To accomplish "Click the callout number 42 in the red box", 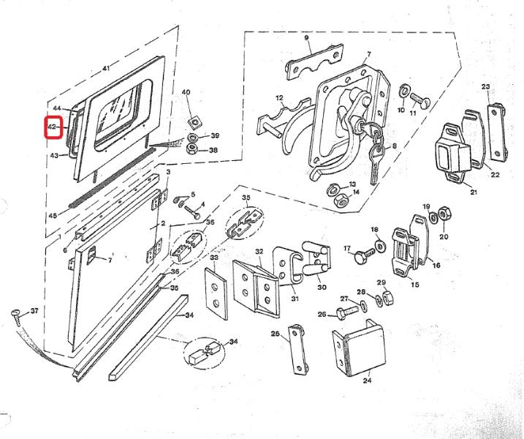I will [52, 127].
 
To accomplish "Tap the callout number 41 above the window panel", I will [106, 69].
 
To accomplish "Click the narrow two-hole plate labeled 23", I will [497, 130].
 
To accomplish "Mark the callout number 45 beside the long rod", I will [52, 217].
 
